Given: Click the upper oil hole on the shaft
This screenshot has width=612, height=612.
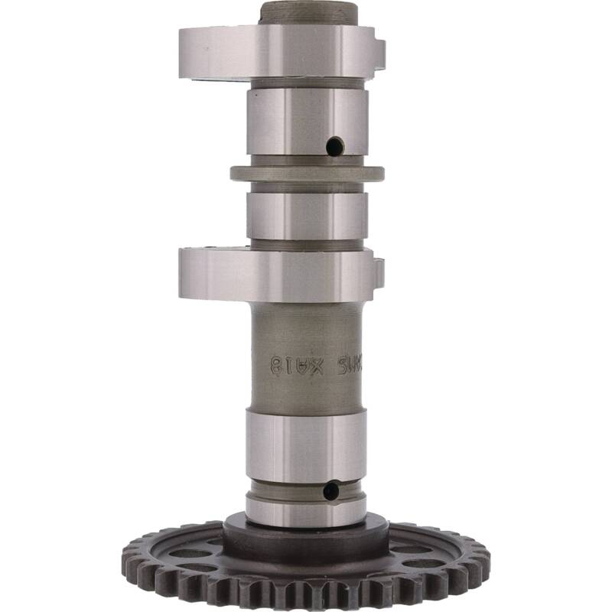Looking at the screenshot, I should coord(334,145).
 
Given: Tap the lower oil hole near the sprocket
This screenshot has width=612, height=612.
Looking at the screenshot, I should coord(330,490).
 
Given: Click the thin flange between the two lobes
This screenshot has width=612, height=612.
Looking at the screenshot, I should coord(307,173).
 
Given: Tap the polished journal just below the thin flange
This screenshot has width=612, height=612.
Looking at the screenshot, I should coord(307,215).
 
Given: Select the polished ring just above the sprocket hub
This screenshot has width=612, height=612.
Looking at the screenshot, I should coord(306,510).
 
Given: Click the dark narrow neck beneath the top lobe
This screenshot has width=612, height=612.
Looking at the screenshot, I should coord(306,82).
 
